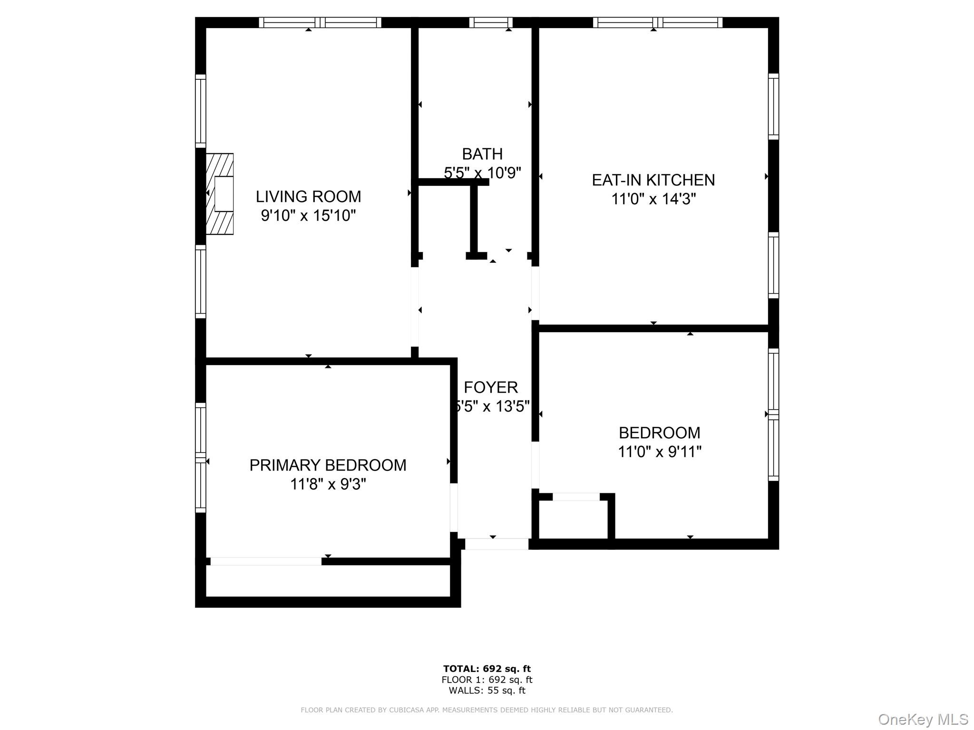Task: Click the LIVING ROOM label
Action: tap(308, 196)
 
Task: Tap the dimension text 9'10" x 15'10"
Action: tap(308, 216)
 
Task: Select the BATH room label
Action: tap(482, 154)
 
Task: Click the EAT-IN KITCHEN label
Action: tap(653, 180)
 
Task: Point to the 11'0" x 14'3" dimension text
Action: tap(653, 199)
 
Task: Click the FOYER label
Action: tap(490, 387)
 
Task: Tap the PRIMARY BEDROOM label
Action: tap(328, 465)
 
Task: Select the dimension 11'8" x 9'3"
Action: tap(328, 484)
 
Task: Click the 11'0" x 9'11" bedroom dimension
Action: tap(659, 451)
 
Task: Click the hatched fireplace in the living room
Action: tap(220, 194)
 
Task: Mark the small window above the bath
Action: tap(491, 22)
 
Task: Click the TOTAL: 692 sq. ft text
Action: tap(487, 669)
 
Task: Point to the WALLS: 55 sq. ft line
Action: tap(487, 691)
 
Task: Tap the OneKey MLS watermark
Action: tap(923, 719)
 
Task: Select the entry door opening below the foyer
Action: tap(496, 544)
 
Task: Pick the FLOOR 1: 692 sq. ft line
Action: tap(487, 680)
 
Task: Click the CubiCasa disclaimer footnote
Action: tap(487, 710)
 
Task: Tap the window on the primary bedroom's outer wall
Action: tap(201, 458)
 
